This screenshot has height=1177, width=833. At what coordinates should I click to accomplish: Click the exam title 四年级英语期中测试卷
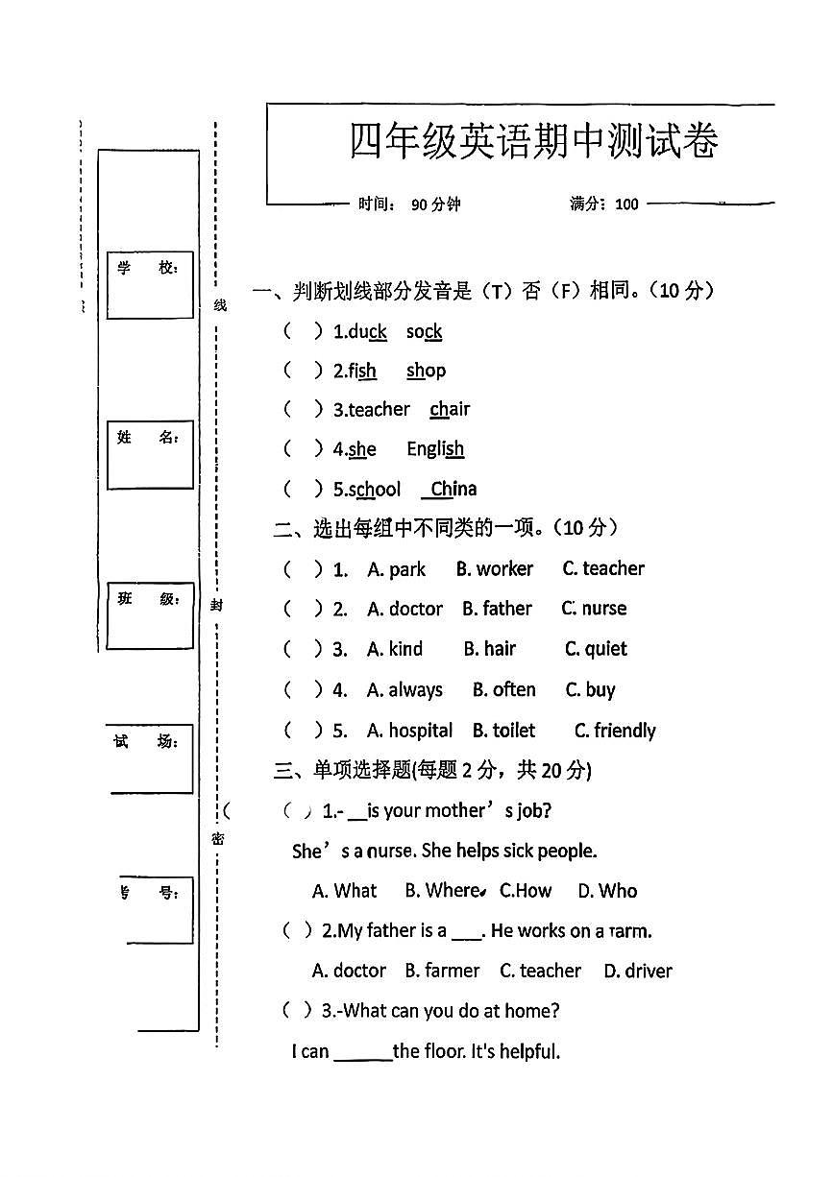(533, 142)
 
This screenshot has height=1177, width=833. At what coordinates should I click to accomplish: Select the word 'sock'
(424, 332)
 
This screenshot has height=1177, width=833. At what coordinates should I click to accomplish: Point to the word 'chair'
(450, 410)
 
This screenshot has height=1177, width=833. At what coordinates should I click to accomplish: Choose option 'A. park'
(396, 569)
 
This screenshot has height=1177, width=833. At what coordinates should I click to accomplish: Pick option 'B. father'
(496, 609)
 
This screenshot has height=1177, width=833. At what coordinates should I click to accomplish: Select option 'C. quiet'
(596, 650)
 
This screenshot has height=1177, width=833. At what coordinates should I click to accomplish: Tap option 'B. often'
(503, 690)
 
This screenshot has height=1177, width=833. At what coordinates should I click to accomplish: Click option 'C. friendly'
(615, 732)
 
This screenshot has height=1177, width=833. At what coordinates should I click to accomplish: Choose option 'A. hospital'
(409, 732)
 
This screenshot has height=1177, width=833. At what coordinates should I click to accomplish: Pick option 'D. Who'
(607, 891)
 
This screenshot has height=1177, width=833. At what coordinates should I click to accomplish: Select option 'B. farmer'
(442, 971)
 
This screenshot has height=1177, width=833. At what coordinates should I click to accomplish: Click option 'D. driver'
(638, 971)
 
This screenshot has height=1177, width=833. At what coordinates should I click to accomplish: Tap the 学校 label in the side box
(148, 268)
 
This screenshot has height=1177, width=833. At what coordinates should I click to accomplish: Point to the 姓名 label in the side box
(148, 438)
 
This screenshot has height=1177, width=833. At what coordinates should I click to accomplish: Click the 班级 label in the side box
(148, 599)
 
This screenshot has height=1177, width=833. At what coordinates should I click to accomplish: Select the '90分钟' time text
(436, 204)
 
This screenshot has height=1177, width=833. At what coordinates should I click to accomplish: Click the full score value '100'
(626, 204)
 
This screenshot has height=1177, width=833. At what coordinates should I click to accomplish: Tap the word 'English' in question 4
(435, 449)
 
